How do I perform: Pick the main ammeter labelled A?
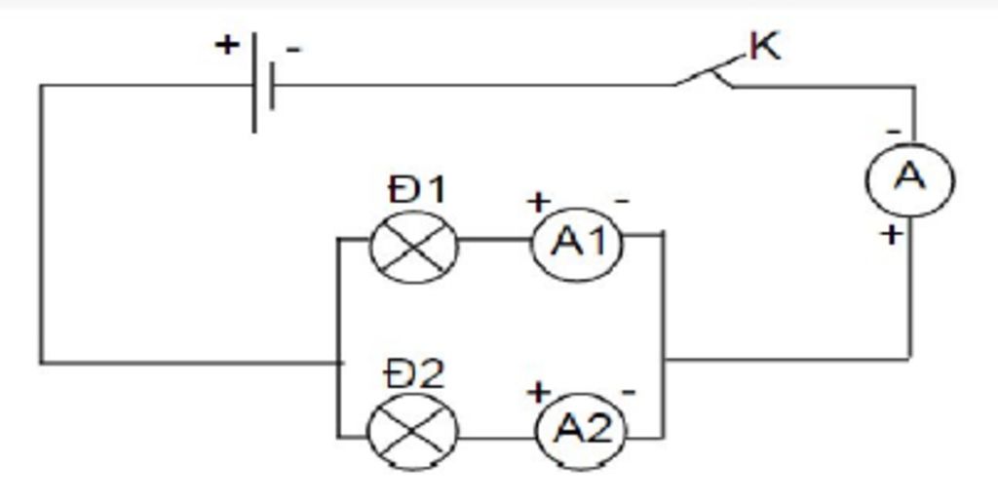click(x=909, y=179)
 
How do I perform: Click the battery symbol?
click(x=261, y=84)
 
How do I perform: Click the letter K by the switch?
click(x=765, y=46)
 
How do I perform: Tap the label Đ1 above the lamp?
click(x=417, y=189)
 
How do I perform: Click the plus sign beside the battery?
click(x=227, y=44)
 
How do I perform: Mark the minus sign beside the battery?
click(x=292, y=48)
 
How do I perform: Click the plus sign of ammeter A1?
click(x=537, y=202)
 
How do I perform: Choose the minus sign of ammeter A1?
click(x=622, y=202)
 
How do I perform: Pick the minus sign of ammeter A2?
click(x=629, y=392)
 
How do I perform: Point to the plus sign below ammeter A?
click(x=890, y=234)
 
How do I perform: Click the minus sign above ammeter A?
click(x=891, y=130)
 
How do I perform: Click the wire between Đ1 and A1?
click(x=494, y=239)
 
